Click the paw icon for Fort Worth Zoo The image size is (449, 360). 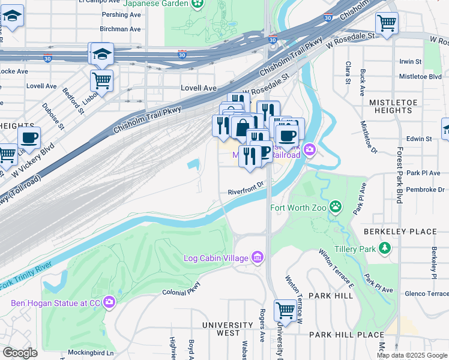coord(336,208)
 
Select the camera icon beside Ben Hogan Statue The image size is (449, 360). coord(109,302)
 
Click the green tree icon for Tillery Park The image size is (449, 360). coord(384,248)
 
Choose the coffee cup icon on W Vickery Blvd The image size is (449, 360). coord(29,137)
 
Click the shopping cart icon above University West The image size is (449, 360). coord(285,310)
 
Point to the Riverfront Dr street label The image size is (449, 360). coord(246,192)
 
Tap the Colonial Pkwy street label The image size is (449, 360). coord(180,293)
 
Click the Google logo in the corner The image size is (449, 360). coord(20,353)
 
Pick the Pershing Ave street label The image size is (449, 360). coord(121,14)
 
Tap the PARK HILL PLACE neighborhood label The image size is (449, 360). coord(346,334)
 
